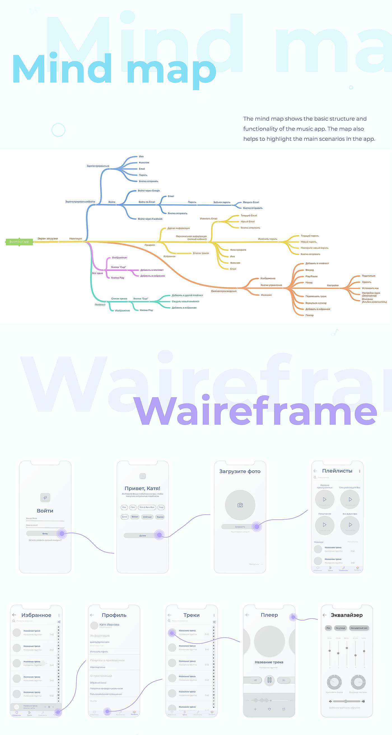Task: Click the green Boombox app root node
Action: (19, 242)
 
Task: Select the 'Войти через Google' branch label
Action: (149, 191)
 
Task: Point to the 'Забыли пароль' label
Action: (222, 202)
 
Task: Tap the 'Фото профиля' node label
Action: (238, 250)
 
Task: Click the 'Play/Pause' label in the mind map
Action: (311, 276)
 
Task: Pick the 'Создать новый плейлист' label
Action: (185, 302)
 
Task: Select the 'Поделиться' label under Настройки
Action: (368, 276)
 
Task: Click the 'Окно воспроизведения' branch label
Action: (224, 291)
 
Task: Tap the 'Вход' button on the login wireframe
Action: (45, 534)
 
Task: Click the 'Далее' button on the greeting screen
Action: (143, 536)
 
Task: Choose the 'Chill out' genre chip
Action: (147, 517)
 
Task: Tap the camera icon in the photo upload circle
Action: (240, 505)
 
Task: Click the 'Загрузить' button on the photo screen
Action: (240, 527)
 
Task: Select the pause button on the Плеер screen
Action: (269, 680)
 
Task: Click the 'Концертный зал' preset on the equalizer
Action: (359, 628)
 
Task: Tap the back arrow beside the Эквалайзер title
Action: (325, 615)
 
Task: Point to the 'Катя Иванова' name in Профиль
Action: (109, 625)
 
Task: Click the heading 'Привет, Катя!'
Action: (142, 489)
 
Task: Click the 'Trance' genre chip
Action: (160, 517)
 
